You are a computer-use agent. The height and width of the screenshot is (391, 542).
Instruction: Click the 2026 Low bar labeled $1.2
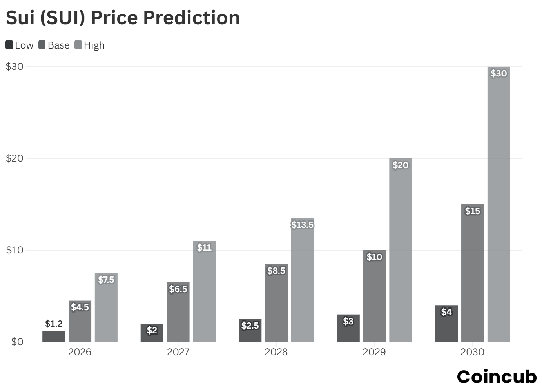click(x=54, y=336)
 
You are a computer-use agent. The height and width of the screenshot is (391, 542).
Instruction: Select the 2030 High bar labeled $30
click(x=498, y=204)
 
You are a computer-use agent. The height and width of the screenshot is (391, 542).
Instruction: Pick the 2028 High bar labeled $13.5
click(x=302, y=280)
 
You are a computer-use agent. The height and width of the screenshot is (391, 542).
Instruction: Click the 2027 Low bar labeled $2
click(x=152, y=333)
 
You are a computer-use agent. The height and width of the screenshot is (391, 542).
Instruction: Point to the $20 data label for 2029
click(x=400, y=165)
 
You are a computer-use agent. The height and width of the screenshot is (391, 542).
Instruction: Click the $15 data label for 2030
click(x=472, y=211)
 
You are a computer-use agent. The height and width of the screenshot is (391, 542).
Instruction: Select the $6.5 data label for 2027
click(x=178, y=289)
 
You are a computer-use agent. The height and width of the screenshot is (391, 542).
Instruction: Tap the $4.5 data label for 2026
click(x=80, y=307)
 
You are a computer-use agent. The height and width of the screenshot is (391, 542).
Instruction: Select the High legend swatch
click(x=78, y=45)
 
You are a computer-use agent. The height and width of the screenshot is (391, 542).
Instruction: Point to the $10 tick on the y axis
click(x=15, y=250)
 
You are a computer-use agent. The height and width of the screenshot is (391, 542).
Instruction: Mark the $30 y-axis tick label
click(x=15, y=67)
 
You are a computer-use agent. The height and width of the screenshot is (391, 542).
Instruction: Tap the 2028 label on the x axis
click(x=276, y=352)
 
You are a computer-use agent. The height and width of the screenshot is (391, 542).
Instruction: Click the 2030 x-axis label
click(x=472, y=352)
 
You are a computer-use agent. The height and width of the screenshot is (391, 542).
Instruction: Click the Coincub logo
click(x=497, y=377)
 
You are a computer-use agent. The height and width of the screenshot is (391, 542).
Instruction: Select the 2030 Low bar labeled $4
click(x=446, y=324)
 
